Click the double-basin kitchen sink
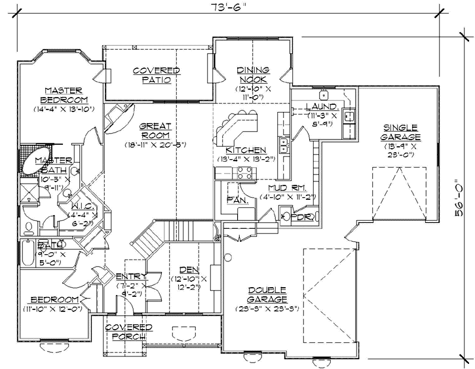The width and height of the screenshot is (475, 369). [x=284, y=144]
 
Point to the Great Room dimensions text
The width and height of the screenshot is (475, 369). [x=155, y=144]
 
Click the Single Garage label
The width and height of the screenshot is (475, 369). [x=400, y=132]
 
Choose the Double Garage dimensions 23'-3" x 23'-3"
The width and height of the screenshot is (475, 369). [x=265, y=308]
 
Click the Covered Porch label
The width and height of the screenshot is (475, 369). [x=129, y=332]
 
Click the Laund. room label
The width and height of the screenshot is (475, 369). [x=322, y=106]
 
